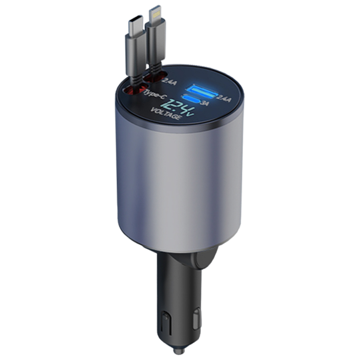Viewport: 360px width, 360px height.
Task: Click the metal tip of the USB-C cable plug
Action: (x=136, y=25)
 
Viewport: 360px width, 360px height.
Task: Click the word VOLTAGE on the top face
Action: (x=165, y=113)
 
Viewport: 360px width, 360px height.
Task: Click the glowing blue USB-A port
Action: (x=201, y=91)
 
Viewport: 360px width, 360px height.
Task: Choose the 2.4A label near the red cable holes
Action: (x=170, y=81)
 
